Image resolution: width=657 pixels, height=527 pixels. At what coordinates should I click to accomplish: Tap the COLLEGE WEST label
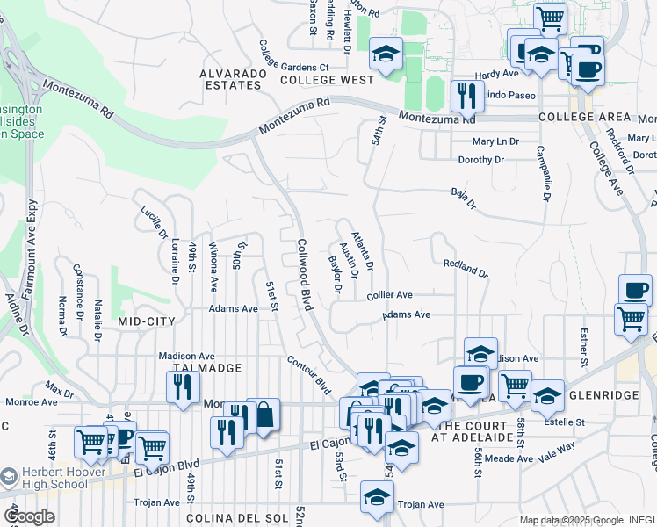click(x=327, y=79)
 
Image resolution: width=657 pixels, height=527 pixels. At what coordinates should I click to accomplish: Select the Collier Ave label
click(x=390, y=296)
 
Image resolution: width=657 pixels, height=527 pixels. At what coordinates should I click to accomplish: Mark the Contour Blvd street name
click(x=308, y=375)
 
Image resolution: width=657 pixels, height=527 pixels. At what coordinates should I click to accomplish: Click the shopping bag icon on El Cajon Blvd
click(x=263, y=415)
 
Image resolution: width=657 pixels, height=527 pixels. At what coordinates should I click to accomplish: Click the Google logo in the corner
click(x=30, y=516)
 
